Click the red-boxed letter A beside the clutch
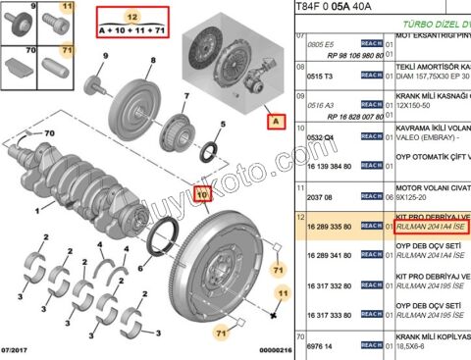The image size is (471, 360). pos(277,123)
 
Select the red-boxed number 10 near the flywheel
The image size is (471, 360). pos(203,194)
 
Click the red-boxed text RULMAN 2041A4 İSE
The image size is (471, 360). pos(428,227)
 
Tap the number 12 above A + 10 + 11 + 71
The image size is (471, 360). pos(132,16)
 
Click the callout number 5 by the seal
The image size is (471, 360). pos(223,125)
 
